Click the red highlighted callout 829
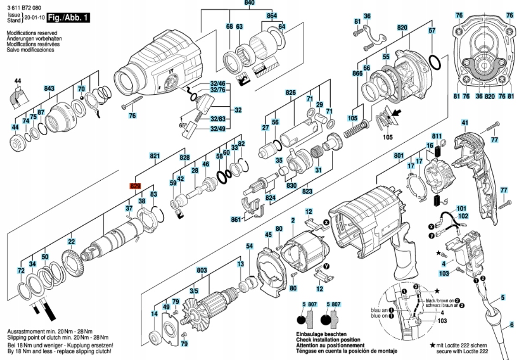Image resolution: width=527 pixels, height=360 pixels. click(136, 186)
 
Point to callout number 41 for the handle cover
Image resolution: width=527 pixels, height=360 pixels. click(465, 123)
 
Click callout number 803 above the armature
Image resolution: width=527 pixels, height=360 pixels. click(202, 270)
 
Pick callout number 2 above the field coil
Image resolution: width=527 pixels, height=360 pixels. click(293, 220)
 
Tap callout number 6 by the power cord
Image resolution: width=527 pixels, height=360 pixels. click(511, 325)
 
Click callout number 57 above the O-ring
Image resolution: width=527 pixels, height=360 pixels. click(432, 30)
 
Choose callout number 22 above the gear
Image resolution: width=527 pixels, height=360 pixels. click(71, 242)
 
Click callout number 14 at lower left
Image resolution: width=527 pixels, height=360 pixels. click(154, 314)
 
